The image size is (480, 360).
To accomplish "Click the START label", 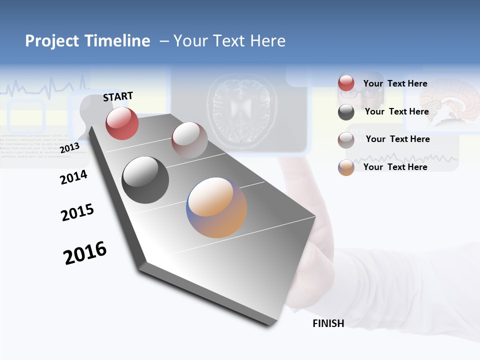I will click(118, 96).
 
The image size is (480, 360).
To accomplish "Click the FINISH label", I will click(328, 323).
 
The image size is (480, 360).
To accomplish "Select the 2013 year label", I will click(69, 148).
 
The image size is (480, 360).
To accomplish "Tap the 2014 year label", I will click(73, 177).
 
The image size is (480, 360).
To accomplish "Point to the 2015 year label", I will click(77, 212).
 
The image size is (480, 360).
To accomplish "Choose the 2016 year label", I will click(85, 252).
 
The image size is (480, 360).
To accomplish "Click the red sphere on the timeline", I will click(122, 123).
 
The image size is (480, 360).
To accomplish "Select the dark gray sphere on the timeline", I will click(145, 180).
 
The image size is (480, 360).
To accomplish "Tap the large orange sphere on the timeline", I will click(216, 207).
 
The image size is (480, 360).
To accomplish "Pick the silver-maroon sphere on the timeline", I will click(189, 139).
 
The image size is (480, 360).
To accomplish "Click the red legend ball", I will click(346, 83).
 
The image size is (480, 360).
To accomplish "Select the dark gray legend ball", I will click(346, 112).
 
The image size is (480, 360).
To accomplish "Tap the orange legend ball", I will click(346, 167).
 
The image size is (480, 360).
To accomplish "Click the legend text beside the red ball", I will click(395, 83).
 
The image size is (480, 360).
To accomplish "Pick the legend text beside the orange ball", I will click(395, 167).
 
